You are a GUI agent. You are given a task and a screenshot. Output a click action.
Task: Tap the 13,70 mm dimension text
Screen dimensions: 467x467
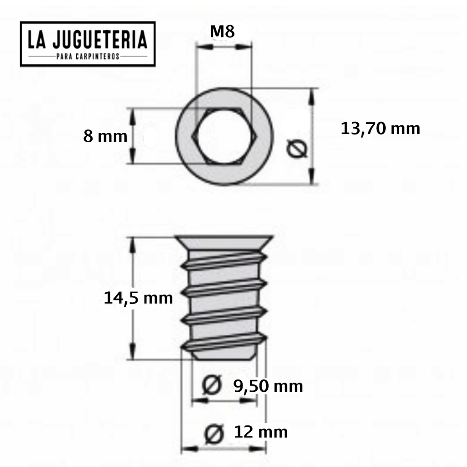click(380, 129)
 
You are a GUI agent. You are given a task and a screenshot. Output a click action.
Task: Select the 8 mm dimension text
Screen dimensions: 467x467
click(105, 136)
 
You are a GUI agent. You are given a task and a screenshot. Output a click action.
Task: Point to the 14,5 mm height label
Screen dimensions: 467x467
click(138, 298)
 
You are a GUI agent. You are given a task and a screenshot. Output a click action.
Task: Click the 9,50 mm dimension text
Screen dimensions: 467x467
click(268, 386)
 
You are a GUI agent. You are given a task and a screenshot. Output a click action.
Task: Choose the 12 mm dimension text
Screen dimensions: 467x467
click(260, 431)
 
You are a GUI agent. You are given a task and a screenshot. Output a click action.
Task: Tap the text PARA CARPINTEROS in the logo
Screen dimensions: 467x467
click(88, 57)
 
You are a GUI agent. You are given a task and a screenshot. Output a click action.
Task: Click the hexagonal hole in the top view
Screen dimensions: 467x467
click(223, 136)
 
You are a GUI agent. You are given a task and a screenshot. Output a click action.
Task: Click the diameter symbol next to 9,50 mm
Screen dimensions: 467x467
click(211, 386)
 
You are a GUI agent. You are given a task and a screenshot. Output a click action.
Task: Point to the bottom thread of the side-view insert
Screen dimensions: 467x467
click(223, 342)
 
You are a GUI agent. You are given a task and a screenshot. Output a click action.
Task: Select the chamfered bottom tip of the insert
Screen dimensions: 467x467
click(223, 355)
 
